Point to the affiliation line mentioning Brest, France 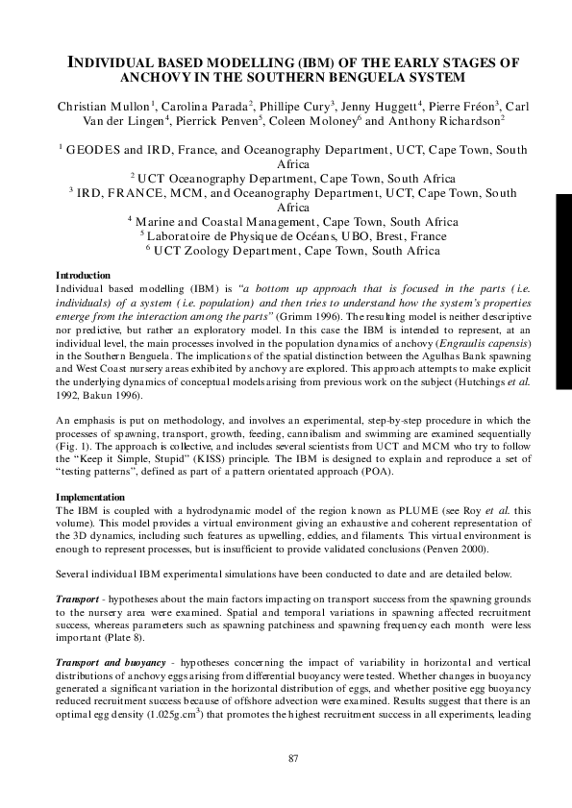coord(293,235)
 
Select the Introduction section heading coord(84,276)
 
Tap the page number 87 coord(295,758)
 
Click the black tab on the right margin coord(563,270)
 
